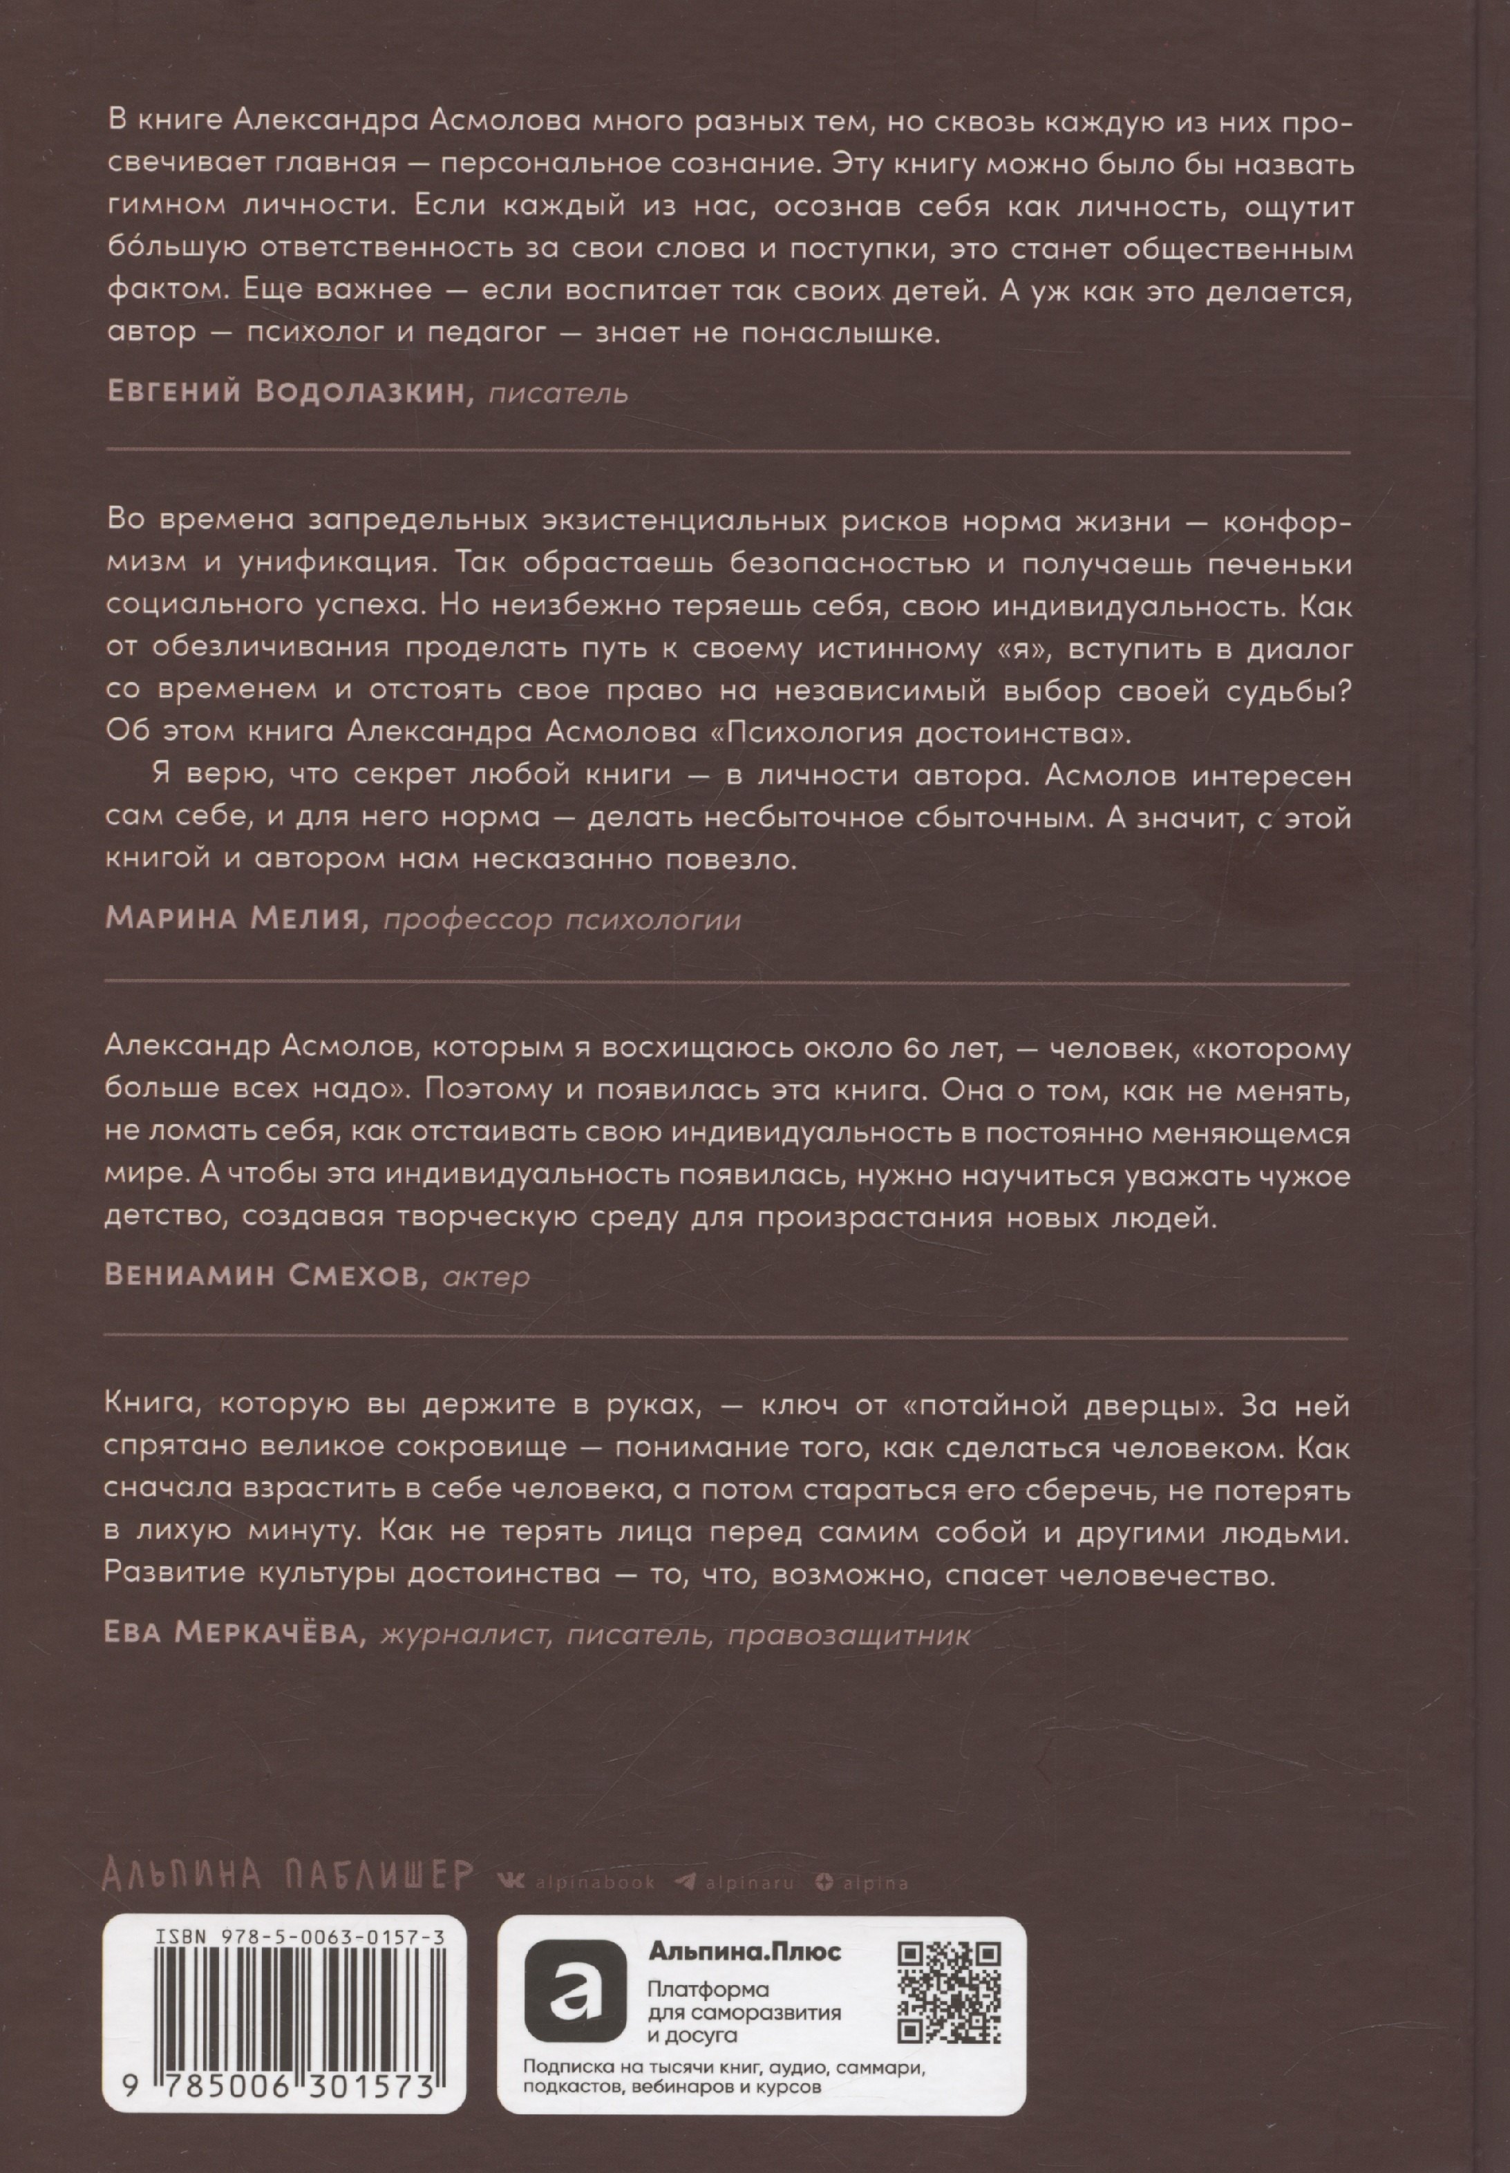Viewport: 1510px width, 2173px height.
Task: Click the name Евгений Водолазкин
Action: [x=289, y=392]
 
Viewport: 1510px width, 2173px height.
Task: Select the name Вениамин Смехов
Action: [x=261, y=1276]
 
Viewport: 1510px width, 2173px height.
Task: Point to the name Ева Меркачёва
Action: [x=235, y=1635]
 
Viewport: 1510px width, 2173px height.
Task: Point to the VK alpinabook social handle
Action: [x=579, y=1883]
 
